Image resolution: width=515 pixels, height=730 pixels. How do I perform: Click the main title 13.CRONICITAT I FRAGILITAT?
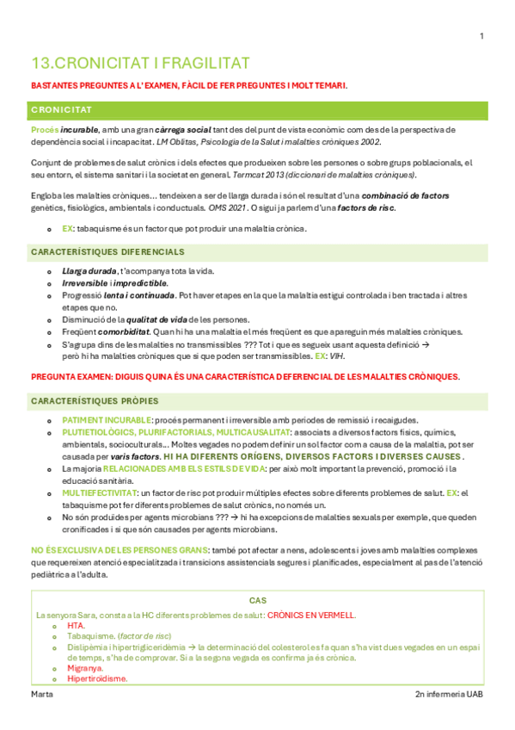click(x=139, y=63)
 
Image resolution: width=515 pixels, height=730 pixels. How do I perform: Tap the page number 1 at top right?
click(x=481, y=35)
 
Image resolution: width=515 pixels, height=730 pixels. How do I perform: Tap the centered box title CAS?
click(x=257, y=600)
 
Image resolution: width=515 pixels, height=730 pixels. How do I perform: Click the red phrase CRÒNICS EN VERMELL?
click(x=311, y=616)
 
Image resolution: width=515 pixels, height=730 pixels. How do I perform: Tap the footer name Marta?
click(x=40, y=695)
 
